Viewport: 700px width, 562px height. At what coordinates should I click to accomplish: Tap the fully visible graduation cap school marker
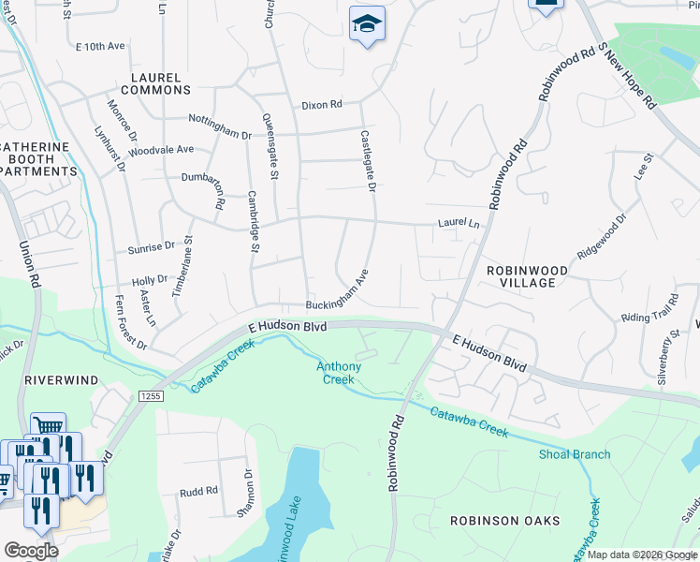(x=367, y=25)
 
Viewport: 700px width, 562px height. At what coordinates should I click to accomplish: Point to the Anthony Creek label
(x=337, y=373)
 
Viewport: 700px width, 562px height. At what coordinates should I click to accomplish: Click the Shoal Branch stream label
(x=574, y=455)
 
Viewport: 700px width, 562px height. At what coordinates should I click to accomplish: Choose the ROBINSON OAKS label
(x=504, y=521)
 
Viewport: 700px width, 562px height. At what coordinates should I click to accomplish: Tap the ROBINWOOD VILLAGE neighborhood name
(x=526, y=277)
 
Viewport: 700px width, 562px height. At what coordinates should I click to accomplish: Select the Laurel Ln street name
(x=459, y=225)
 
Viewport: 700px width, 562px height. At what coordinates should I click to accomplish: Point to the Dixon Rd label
(x=321, y=105)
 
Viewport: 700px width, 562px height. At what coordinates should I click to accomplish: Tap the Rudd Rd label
(x=198, y=491)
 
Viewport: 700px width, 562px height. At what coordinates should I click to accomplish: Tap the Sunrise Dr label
(x=151, y=249)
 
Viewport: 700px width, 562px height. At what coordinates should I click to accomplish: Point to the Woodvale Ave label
(x=160, y=150)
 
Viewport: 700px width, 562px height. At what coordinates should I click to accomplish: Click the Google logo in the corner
(x=31, y=550)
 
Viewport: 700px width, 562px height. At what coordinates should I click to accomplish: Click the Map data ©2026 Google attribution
(x=640, y=555)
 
